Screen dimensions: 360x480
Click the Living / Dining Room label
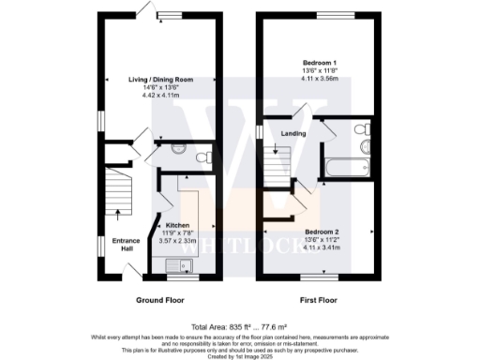point(160,81)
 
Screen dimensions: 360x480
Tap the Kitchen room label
point(178,226)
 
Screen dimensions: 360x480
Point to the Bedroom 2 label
point(322,230)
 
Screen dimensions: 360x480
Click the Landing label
point(292,133)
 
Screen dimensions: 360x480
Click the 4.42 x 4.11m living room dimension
point(160,96)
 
